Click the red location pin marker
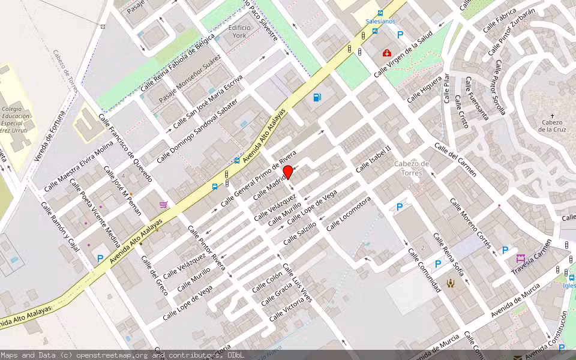(x=288, y=172)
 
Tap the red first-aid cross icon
(x=387, y=53)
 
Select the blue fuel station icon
(x=317, y=97)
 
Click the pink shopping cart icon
(x=163, y=205)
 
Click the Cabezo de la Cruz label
(x=552, y=125)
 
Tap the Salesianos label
(x=381, y=21)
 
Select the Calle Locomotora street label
(x=349, y=214)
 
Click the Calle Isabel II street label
(x=373, y=158)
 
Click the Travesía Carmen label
(x=532, y=259)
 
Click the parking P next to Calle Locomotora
(x=400, y=208)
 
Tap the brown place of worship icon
(x=451, y=283)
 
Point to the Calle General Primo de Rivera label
(x=259, y=178)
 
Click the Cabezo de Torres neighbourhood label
(x=412, y=168)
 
